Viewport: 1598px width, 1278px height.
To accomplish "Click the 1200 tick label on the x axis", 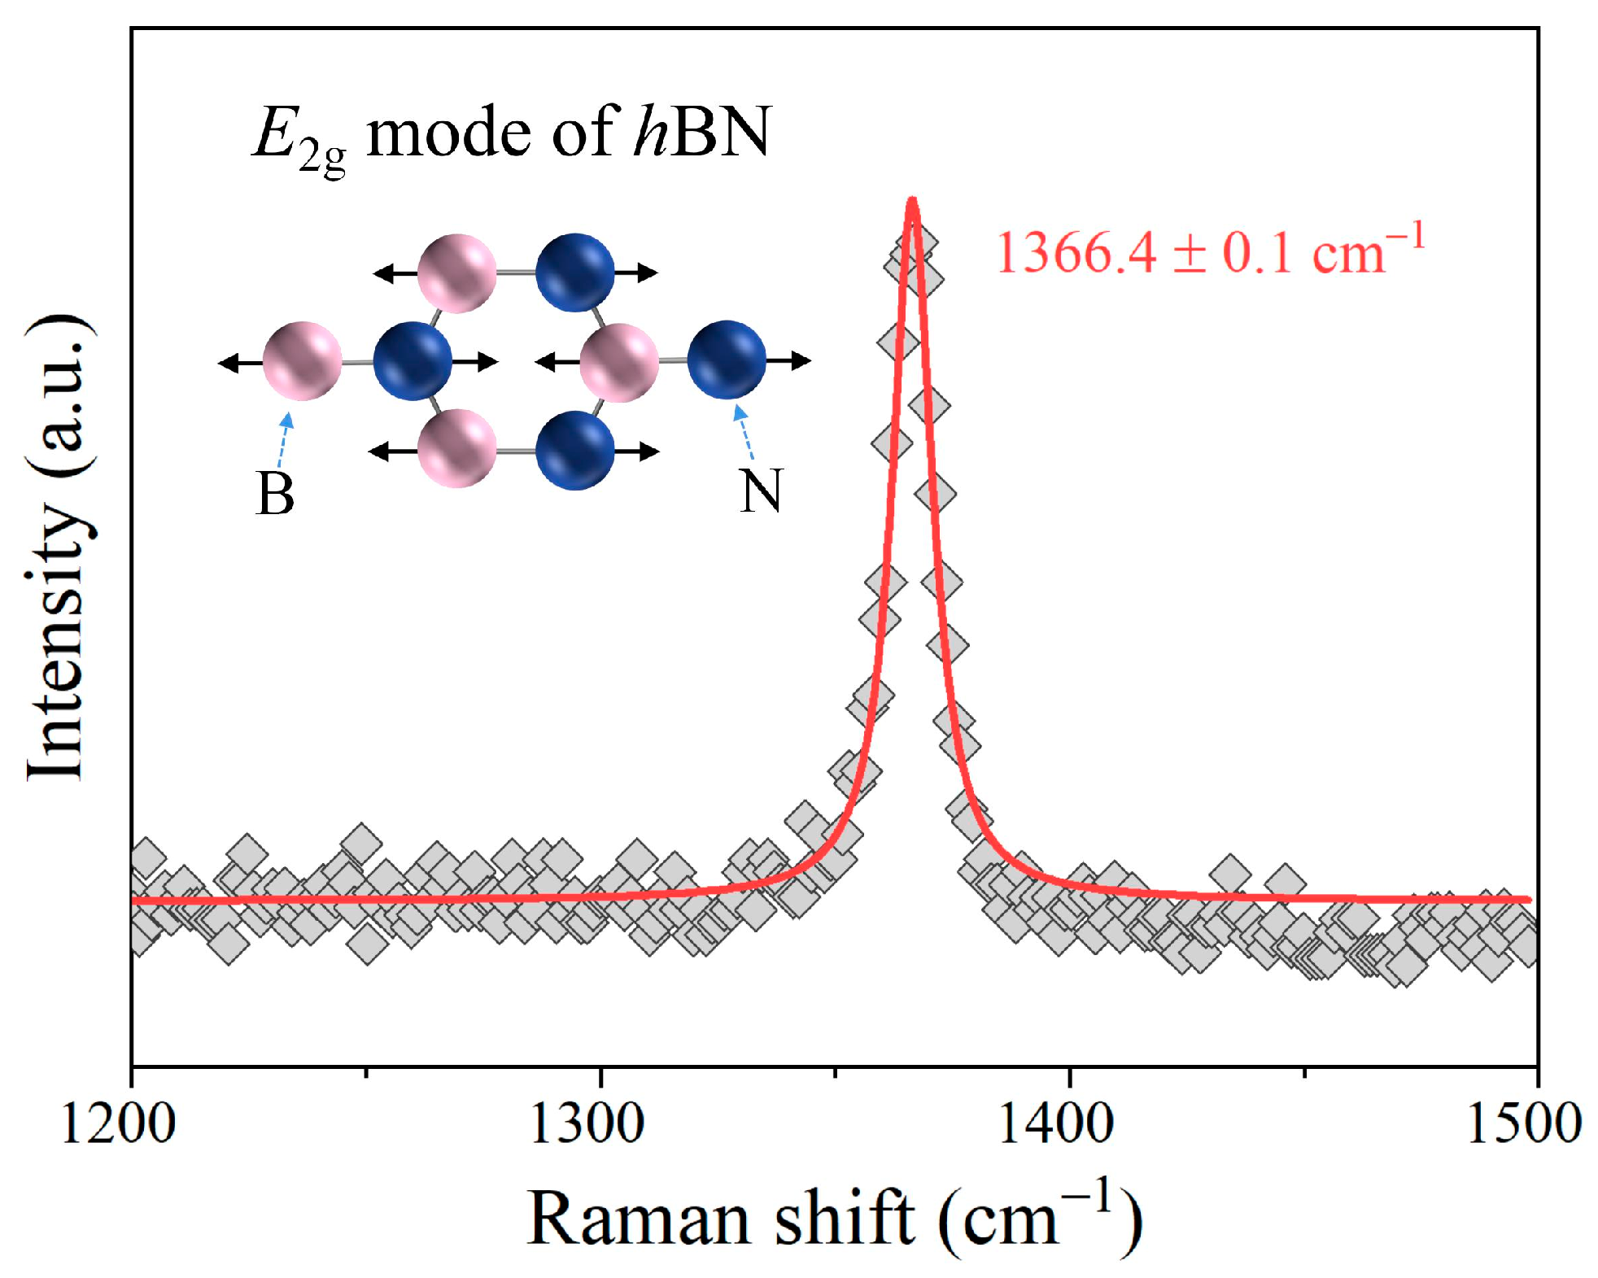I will click(x=118, y=1123).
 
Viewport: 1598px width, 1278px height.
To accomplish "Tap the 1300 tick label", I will click(x=586, y=1123).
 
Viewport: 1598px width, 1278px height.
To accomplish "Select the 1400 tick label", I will click(x=1054, y=1123).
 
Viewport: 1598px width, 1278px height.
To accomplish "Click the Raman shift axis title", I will click(x=834, y=1218).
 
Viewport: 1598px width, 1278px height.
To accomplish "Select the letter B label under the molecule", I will click(x=274, y=494).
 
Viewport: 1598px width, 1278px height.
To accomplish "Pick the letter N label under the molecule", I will click(x=761, y=491).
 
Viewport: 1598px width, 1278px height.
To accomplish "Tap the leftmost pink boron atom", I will click(x=302, y=361).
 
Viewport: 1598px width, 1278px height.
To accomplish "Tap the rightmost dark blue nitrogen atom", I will click(x=727, y=360).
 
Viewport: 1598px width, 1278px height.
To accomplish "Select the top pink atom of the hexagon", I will click(x=456, y=273).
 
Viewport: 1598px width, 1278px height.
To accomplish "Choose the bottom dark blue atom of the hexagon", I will click(x=575, y=450).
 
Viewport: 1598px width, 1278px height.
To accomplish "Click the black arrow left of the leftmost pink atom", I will click(x=239, y=362).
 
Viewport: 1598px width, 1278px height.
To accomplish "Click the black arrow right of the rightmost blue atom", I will click(x=789, y=360).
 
